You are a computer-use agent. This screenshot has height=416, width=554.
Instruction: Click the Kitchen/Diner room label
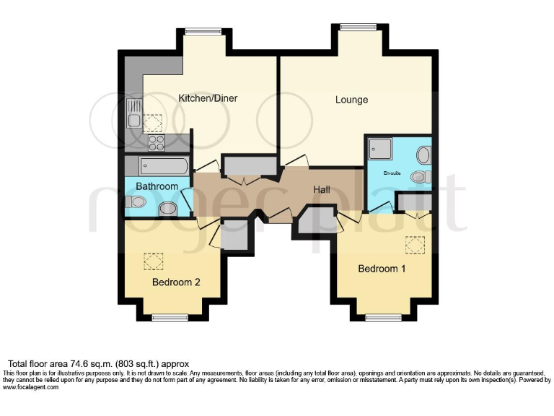(208, 98)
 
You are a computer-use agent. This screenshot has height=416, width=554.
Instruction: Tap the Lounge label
(351, 100)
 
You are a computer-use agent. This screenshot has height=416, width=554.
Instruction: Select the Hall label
(322, 190)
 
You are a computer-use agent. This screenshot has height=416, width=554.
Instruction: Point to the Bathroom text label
(157, 186)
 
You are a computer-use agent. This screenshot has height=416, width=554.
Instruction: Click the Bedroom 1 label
(382, 269)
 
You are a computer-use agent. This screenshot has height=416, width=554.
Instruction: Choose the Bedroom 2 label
(176, 282)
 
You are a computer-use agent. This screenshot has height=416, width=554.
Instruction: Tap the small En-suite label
(392, 172)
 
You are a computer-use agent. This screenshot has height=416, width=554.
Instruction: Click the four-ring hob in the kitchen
(157, 142)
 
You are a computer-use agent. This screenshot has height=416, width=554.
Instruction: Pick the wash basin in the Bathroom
(167, 209)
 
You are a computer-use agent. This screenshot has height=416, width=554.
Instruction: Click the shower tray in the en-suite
(379, 149)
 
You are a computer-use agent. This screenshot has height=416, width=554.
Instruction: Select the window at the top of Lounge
(354, 28)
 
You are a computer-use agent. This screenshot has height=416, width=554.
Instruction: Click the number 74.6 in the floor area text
(71, 363)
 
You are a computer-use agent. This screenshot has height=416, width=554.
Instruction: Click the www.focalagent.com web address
(30, 387)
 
